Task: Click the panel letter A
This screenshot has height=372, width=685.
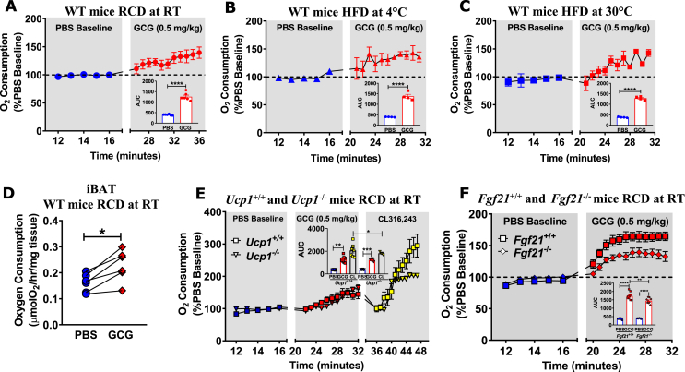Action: [8, 11]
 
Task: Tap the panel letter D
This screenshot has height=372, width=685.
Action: [8, 196]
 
